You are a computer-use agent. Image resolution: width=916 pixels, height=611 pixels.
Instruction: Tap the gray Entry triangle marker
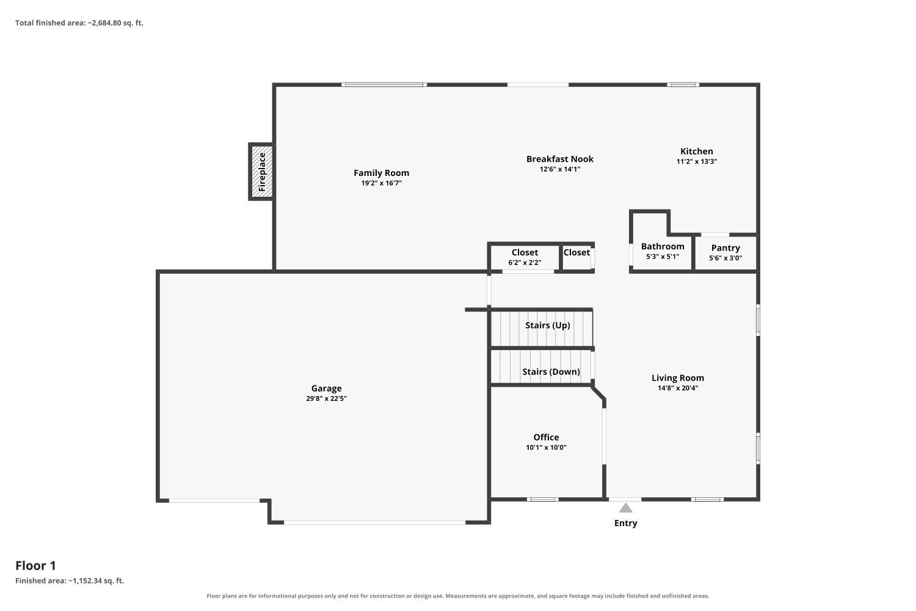coord(626,508)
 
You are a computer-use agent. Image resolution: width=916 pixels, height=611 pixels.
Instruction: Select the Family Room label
coord(381,173)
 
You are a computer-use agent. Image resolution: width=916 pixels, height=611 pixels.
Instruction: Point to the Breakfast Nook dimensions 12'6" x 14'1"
coord(560,169)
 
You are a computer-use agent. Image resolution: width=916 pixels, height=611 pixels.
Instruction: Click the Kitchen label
coord(696,151)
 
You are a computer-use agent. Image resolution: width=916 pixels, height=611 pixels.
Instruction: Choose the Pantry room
coord(725,252)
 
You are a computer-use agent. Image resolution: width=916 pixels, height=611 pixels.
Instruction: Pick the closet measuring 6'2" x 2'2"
coord(525,257)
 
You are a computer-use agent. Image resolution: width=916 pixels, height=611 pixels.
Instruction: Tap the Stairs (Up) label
coord(548,325)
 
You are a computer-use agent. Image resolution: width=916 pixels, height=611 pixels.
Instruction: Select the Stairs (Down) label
coord(551,371)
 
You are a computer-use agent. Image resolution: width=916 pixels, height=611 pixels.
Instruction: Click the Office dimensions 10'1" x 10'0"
coord(546,447)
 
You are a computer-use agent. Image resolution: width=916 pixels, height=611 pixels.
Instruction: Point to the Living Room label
coord(678,378)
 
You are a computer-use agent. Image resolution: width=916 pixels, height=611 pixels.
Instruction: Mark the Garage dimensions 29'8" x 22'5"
coord(326,398)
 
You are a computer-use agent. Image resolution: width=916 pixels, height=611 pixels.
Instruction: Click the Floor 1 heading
coord(35,566)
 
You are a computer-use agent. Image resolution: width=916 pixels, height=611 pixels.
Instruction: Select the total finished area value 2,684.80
coord(107,23)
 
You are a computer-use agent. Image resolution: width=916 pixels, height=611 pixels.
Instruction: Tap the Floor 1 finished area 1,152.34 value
coord(87,580)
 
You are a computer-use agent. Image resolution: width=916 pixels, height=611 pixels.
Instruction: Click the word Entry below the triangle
coord(626,523)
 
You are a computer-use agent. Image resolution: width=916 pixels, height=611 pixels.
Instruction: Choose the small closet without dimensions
coord(576,257)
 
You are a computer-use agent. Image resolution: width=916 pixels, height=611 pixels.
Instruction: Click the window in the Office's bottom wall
coord(543,499)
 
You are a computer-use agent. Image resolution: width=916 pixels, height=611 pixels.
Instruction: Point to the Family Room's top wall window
coord(384,85)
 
